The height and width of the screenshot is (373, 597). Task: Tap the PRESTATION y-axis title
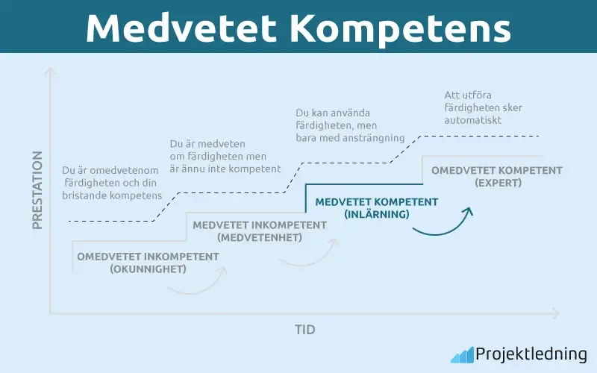(x=37, y=189)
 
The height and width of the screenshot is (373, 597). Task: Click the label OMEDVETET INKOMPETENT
(x=148, y=257)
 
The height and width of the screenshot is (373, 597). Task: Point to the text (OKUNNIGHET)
(x=148, y=269)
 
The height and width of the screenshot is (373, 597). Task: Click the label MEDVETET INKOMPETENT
(x=260, y=225)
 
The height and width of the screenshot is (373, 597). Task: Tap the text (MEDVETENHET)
(x=260, y=237)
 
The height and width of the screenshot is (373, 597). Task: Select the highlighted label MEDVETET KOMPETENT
(x=377, y=201)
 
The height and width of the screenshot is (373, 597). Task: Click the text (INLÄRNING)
(x=377, y=214)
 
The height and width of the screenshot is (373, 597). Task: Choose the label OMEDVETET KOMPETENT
(x=497, y=170)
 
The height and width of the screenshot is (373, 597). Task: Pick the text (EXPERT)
(x=497, y=182)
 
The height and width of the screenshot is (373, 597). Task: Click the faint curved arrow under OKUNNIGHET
(x=199, y=284)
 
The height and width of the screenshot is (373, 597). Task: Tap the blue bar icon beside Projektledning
(x=461, y=354)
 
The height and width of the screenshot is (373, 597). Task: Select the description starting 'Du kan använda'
(x=350, y=125)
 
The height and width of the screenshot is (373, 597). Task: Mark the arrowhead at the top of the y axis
(x=50, y=72)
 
